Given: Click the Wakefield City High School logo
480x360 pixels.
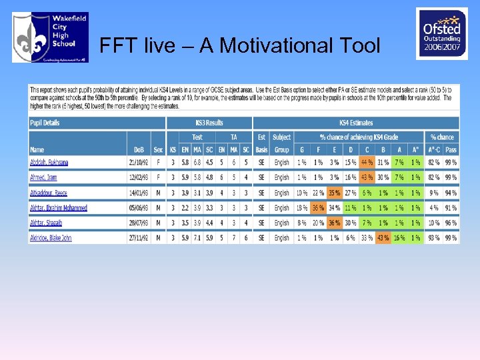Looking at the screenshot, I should click(50, 37).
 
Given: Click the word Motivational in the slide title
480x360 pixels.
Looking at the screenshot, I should click(277, 45).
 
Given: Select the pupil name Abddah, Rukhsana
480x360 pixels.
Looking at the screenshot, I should click(49, 163).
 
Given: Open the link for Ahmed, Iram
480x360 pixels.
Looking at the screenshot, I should click(43, 177).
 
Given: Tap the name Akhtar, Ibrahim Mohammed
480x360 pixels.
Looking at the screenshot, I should click(58, 208).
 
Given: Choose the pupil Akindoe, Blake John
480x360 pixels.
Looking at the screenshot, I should click(51, 238).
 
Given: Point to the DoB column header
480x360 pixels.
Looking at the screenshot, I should click(138, 150).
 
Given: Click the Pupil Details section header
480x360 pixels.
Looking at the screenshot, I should click(45, 123).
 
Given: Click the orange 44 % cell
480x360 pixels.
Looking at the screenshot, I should click(366, 163).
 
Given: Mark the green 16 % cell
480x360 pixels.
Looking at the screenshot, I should click(399, 238).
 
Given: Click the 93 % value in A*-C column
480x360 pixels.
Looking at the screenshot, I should click(434, 238).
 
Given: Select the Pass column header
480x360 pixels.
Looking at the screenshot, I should click(451, 150).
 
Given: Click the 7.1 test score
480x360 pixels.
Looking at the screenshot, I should click(197, 238).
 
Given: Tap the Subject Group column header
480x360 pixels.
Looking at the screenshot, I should click(281, 143).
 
